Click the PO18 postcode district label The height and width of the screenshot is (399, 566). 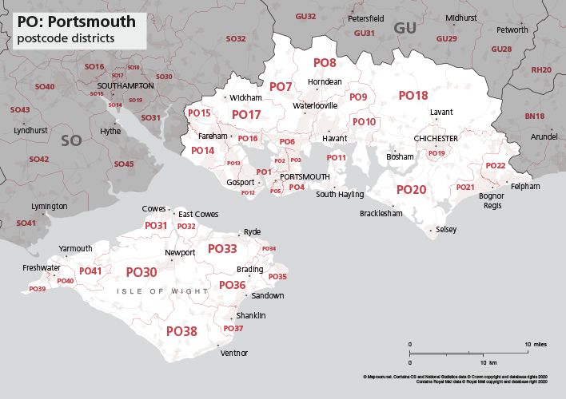click(x=413, y=96)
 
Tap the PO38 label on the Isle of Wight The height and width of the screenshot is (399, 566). click(x=181, y=330)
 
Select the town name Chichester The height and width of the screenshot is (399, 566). click(x=436, y=139)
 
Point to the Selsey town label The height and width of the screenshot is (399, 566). click(x=447, y=230)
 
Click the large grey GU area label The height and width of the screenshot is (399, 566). click(x=405, y=29)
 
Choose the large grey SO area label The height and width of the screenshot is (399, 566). click(x=72, y=140)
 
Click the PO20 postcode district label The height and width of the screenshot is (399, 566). click(x=412, y=190)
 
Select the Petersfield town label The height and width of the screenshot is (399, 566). click(x=365, y=18)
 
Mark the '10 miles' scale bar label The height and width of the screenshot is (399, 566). click(x=536, y=344)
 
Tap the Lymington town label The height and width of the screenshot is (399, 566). click(x=50, y=206)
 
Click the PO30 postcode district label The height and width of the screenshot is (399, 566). click(x=141, y=272)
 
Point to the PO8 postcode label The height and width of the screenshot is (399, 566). click(x=325, y=62)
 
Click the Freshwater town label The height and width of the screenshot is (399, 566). click(x=41, y=267)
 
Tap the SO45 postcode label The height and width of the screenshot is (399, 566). click(x=124, y=164)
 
